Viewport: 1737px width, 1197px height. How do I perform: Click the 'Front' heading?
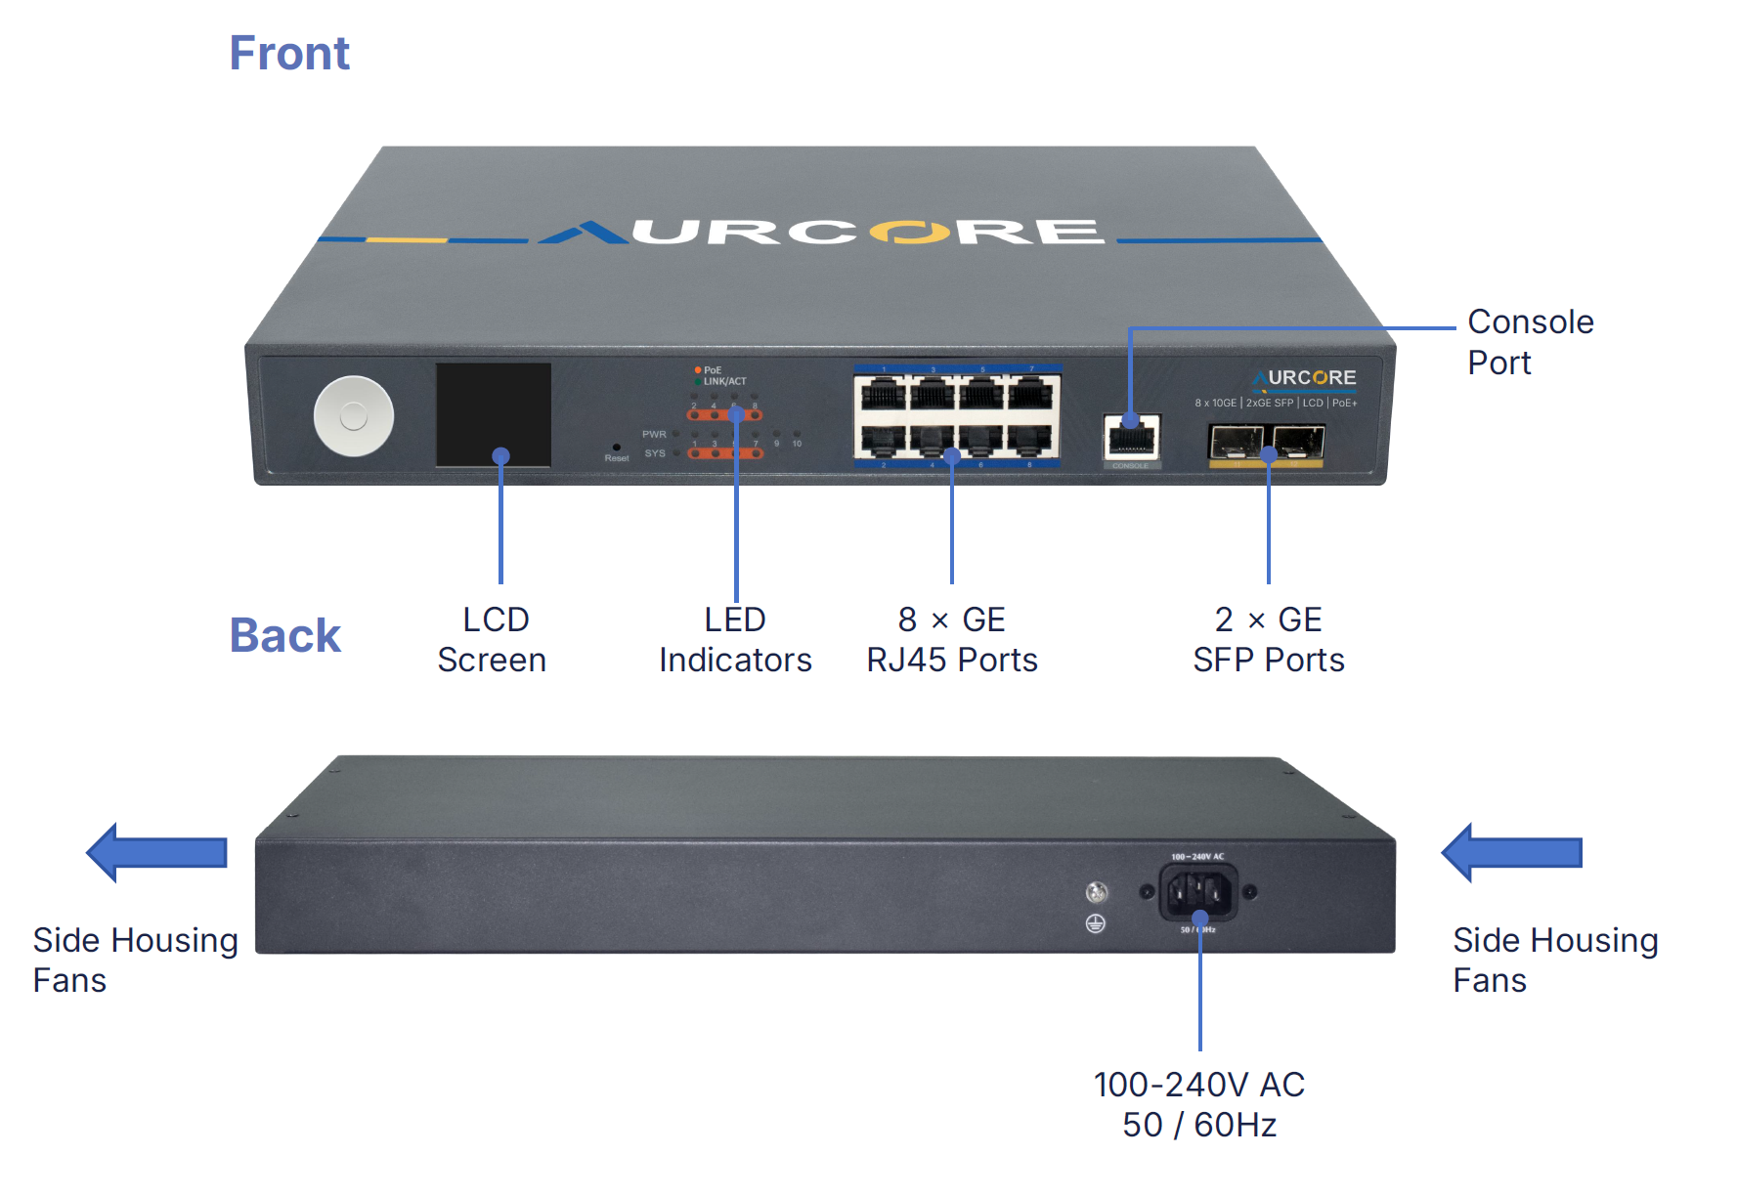tap(289, 53)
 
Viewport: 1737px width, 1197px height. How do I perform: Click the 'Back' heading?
tap(284, 635)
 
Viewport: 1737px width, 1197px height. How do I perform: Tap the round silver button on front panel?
tap(353, 416)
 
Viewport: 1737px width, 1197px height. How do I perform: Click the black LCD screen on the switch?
tap(493, 414)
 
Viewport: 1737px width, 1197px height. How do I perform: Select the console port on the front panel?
tap(1132, 437)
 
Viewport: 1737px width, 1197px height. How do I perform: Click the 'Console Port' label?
tap(1530, 342)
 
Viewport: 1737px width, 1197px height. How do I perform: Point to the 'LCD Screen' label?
tap(492, 640)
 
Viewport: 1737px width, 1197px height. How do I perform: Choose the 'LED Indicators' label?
tap(735, 640)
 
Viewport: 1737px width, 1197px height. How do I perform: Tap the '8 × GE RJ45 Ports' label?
tap(952, 640)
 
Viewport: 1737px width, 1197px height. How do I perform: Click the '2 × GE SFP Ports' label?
tap(1269, 640)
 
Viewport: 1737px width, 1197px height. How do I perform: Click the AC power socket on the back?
tap(1197, 892)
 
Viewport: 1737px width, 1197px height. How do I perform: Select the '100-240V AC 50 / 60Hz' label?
tap(1199, 1104)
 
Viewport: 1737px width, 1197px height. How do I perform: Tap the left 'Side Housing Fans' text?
tap(135, 960)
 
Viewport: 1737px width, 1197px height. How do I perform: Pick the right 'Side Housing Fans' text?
tap(1554, 960)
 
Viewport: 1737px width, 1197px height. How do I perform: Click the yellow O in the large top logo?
tap(909, 233)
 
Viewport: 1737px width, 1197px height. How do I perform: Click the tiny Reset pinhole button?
tap(616, 448)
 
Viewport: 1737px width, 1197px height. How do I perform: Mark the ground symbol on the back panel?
tap(1096, 923)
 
